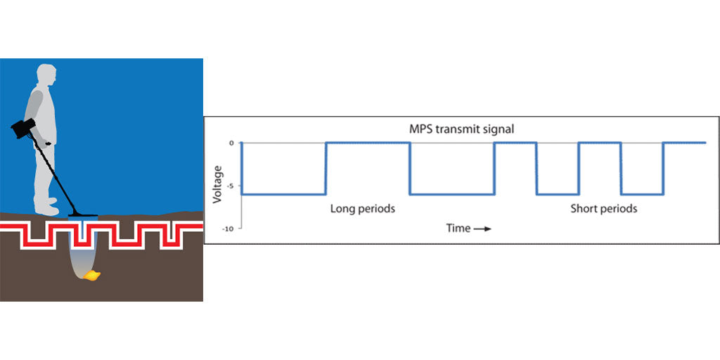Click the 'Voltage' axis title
pyautogui.click(x=217, y=184)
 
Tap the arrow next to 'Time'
pyautogui.click(x=482, y=229)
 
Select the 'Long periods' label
pyautogui.click(x=363, y=209)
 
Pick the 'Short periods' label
pyautogui.click(x=603, y=209)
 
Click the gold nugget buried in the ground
pyautogui.click(x=91, y=276)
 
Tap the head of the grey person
pyautogui.click(x=46, y=76)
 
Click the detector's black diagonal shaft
pyautogui.click(x=60, y=176)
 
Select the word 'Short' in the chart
pyautogui.click(x=584, y=209)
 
